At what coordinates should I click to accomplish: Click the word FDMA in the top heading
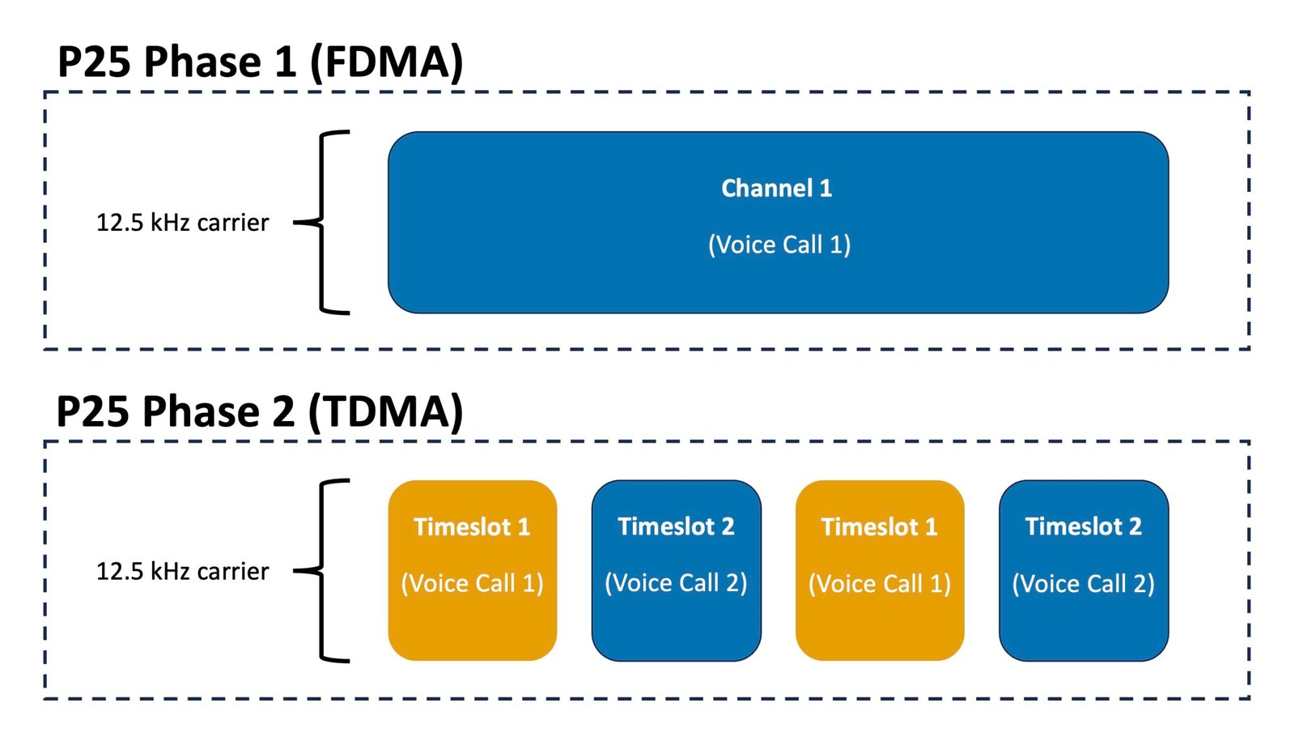[x=387, y=62]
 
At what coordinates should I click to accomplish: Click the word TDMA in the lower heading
[x=385, y=411]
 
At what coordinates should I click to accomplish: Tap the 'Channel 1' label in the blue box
[x=776, y=189]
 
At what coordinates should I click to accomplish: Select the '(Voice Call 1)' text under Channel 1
[x=779, y=245]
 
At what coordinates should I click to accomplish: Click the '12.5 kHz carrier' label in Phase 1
[x=182, y=223]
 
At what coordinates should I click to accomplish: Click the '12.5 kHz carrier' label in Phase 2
[x=182, y=572]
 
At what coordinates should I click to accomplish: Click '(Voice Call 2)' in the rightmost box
[x=1083, y=584]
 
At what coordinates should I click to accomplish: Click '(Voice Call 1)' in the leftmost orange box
[x=473, y=584]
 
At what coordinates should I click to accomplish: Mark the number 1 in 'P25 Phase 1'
[x=285, y=62]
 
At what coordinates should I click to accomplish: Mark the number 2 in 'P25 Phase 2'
[x=283, y=411]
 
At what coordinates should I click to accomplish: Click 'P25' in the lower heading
[x=92, y=411]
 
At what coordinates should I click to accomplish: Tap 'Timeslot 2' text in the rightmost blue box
[x=1083, y=527]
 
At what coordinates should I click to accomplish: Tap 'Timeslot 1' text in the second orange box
[x=880, y=527]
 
